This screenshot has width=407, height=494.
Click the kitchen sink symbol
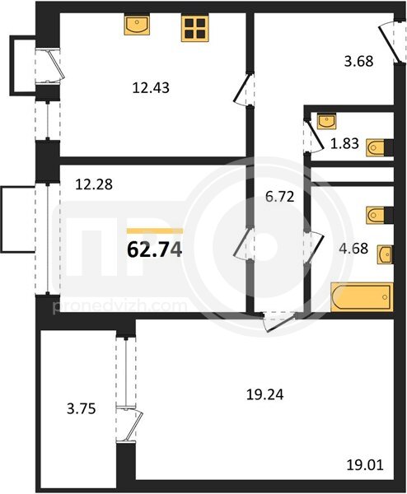137,25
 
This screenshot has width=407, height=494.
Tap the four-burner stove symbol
194,28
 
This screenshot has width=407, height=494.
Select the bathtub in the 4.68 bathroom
362,297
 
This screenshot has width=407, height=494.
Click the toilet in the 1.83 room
376,147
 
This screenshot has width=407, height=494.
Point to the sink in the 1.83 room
326,121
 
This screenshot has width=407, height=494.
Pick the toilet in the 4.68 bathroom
376,216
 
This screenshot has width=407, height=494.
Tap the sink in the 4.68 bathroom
385,254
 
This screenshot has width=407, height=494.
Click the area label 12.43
151,87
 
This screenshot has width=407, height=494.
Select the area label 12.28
94,184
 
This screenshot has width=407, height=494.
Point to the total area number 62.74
154,250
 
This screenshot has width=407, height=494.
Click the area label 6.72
280,197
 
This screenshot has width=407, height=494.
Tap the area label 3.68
358,61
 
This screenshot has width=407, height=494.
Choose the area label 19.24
264,394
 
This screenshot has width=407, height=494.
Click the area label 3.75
82,409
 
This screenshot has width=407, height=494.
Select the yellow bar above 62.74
155,231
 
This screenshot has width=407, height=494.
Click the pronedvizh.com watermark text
119,306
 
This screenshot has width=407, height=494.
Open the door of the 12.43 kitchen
244,90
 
